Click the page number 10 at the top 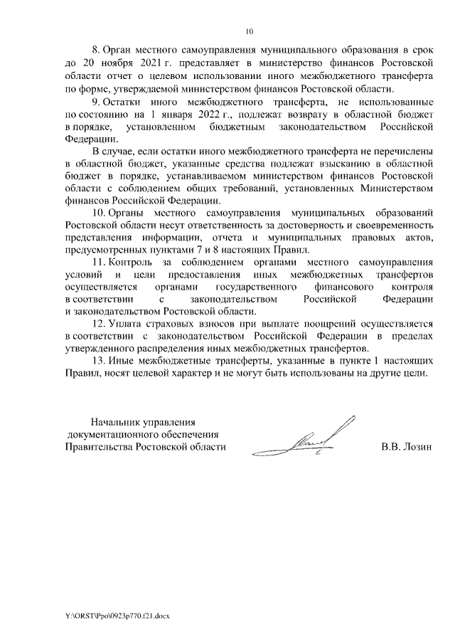(x=249, y=31)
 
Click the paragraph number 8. (x=97, y=51)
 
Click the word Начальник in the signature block (x=109, y=421)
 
